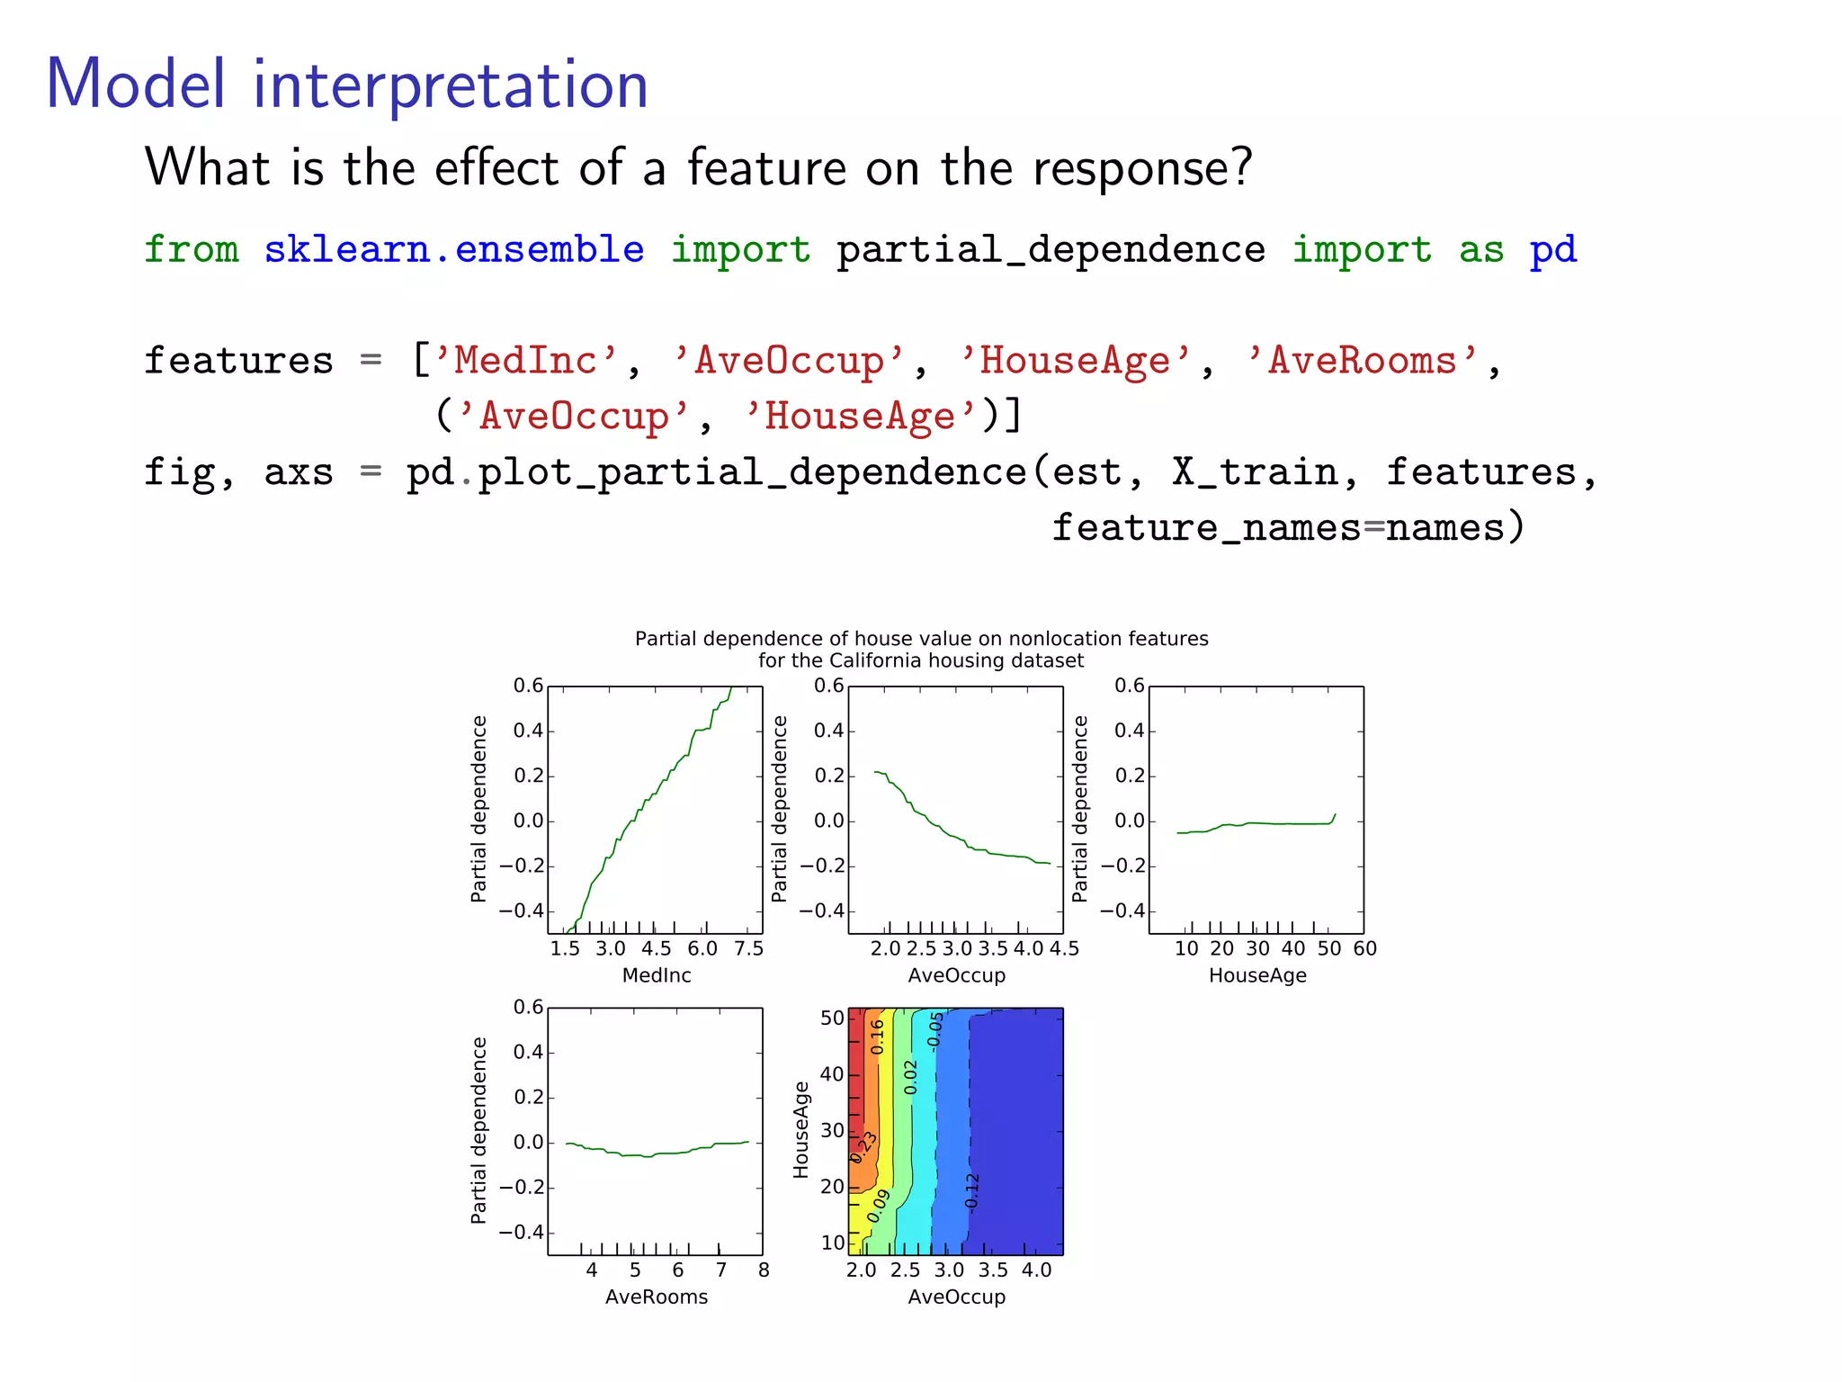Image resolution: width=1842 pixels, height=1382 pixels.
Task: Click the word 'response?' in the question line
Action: [x=1142, y=168]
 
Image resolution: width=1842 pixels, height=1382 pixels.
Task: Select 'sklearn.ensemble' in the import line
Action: [x=453, y=249]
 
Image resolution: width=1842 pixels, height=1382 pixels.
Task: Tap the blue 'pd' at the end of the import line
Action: [x=1553, y=249]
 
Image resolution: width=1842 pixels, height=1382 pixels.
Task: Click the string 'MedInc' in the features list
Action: [x=525, y=361]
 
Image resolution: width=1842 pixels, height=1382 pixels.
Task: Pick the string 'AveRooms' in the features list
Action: [x=1362, y=361]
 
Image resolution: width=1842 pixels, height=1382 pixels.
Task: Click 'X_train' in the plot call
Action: [x=1255, y=472]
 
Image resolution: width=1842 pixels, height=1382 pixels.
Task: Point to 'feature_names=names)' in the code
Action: [x=1288, y=527]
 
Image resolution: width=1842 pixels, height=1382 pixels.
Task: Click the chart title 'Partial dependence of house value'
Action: [x=921, y=639]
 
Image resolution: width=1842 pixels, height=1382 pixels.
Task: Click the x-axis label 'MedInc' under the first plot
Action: [x=657, y=975]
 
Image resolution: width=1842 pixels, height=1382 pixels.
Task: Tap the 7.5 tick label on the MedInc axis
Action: [x=748, y=948]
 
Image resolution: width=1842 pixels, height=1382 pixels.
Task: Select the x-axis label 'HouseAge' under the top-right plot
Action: [x=1257, y=975]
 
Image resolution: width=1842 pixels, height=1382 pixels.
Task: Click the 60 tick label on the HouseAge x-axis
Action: [x=1364, y=948]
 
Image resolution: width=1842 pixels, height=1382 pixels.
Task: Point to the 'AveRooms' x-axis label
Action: [x=657, y=1297]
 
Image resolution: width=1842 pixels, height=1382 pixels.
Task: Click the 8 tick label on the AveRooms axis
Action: [x=764, y=1270]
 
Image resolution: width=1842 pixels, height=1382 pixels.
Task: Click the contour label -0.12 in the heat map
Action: [x=971, y=1192]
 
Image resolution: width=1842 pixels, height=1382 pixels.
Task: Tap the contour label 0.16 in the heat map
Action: [x=878, y=1036]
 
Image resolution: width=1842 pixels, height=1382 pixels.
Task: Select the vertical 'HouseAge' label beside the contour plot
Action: [x=800, y=1130]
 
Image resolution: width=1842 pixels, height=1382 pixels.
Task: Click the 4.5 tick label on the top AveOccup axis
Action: [x=1064, y=948]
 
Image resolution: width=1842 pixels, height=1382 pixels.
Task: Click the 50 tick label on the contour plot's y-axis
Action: [x=832, y=1019]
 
